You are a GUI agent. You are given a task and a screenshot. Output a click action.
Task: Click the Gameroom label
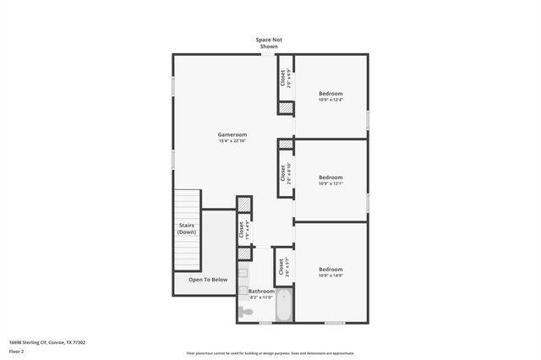tap(232, 134)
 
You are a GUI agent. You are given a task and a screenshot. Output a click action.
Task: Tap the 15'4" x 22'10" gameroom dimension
tap(232, 141)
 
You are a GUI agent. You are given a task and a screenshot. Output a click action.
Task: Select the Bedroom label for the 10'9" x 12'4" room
tap(331, 93)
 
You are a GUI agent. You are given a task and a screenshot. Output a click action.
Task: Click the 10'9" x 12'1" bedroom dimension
tap(331, 183)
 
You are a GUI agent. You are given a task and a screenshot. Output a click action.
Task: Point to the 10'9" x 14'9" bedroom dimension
tap(331, 275)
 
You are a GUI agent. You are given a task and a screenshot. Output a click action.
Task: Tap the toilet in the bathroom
tap(246, 311)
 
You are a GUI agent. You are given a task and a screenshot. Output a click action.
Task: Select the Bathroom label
tap(261, 291)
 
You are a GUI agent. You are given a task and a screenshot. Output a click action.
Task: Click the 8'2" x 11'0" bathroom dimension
tap(261, 297)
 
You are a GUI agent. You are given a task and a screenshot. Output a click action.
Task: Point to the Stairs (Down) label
tap(187, 228)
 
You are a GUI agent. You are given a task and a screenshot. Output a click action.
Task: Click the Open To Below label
tap(207, 280)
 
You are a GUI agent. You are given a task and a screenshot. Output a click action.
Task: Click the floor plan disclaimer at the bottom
tap(270, 353)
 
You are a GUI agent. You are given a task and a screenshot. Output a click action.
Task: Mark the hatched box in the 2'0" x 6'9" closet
tap(286, 108)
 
